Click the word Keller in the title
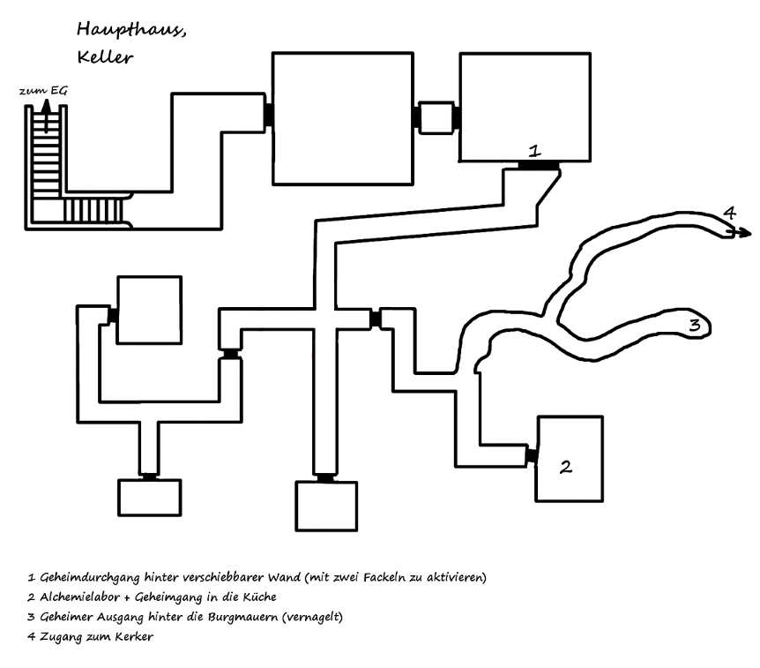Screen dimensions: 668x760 (105, 59)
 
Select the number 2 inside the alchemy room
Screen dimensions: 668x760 (566, 465)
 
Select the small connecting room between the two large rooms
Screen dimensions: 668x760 (436, 117)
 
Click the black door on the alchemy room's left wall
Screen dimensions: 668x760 (532, 455)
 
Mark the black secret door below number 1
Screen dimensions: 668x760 (537, 165)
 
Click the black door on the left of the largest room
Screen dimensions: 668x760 (267, 114)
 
